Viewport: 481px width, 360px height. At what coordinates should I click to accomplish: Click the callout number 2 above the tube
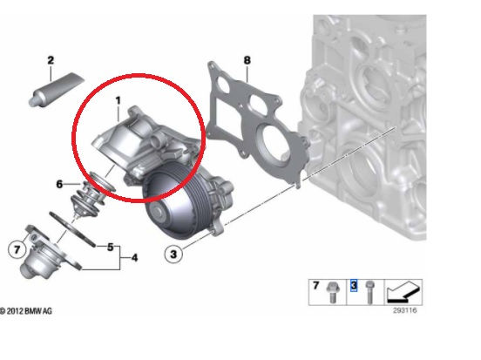click(x=51, y=60)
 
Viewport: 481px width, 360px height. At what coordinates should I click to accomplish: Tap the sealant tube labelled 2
click(x=56, y=89)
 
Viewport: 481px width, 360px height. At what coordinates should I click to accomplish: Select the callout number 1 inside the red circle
click(x=119, y=100)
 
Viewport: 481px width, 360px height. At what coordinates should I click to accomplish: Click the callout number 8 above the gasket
click(x=247, y=60)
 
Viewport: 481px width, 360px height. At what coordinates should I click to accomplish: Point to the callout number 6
click(x=59, y=184)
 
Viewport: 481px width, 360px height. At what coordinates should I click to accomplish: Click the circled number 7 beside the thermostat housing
click(x=17, y=249)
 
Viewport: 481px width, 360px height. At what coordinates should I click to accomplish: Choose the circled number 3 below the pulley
click(x=173, y=255)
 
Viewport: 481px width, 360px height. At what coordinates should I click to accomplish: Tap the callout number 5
click(x=110, y=247)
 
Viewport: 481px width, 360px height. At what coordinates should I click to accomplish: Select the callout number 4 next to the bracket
click(x=134, y=258)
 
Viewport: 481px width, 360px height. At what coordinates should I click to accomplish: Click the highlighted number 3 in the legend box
click(x=354, y=285)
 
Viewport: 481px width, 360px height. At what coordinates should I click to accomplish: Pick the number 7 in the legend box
click(x=316, y=285)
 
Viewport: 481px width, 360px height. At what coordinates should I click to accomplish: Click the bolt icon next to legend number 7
click(x=331, y=292)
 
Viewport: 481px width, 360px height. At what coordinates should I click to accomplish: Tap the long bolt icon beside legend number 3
click(x=369, y=292)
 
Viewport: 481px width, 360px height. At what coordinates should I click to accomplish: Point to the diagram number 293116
click(x=405, y=310)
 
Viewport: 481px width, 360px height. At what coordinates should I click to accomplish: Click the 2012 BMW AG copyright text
click(x=26, y=311)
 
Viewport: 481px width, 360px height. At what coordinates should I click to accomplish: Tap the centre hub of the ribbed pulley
click(x=158, y=212)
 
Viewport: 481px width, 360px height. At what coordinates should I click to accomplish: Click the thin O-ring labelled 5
click(x=72, y=228)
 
